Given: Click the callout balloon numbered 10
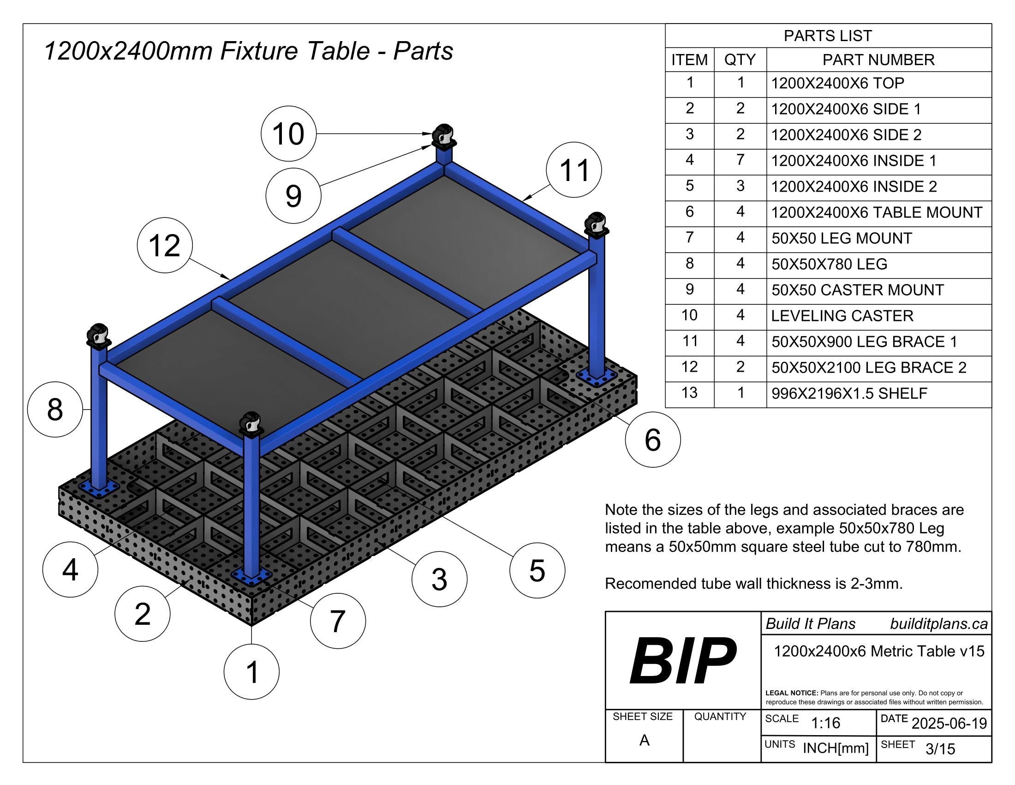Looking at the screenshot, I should tap(288, 134).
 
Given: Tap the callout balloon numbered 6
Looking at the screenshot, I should tap(652, 440).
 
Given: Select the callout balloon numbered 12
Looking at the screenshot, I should tap(165, 245).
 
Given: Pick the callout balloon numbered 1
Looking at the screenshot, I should tap(251, 672).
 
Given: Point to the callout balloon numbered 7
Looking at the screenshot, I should tap(337, 621).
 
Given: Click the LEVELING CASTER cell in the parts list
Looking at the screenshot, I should tap(842, 316).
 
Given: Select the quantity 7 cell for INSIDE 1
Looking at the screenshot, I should tap(740, 160).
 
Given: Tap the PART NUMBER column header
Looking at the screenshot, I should tap(878, 60).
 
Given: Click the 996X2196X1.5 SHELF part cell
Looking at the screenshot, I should tap(849, 394).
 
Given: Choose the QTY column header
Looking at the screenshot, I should tap(740, 60).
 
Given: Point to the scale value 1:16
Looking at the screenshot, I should tap(825, 723).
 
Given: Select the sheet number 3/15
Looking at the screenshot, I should tap(940, 749).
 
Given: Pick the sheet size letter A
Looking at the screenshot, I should tap(644, 740).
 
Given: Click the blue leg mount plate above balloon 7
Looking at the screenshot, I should tap(251, 576).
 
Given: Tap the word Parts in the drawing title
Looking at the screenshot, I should tap(423, 51).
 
